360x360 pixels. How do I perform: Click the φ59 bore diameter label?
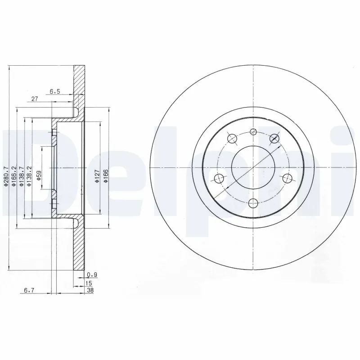[x=39, y=175]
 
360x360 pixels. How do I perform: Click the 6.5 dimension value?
[x=55, y=91]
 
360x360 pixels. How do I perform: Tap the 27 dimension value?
[x=34, y=99]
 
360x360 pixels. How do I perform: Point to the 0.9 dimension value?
[x=92, y=274]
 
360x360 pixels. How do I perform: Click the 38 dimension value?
[x=90, y=290]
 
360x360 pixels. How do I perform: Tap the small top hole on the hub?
[x=253, y=132]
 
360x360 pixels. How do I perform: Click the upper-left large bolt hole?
[x=232, y=139]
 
